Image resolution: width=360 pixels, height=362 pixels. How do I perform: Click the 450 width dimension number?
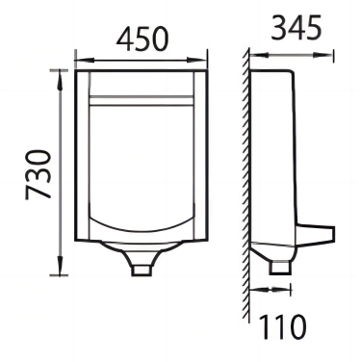(x=141, y=39)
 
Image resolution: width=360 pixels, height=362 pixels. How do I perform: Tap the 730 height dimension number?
(x=39, y=175)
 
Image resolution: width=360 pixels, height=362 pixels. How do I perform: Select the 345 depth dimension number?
(x=296, y=28)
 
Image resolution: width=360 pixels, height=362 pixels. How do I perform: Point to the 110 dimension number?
(x=282, y=326)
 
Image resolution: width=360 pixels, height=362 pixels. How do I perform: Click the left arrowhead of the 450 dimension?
(x=85, y=60)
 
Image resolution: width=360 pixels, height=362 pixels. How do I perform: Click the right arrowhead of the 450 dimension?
(x=196, y=60)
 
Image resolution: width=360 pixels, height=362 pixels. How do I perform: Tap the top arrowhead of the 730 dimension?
(x=60, y=80)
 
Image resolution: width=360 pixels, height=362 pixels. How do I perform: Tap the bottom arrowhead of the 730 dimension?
(x=60, y=265)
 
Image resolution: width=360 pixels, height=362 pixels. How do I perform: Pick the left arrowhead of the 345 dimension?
(x=260, y=55)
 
